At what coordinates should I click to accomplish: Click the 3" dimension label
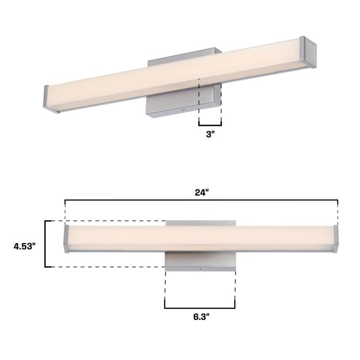click(210, 134)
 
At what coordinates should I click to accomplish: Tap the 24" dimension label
click(202, 193)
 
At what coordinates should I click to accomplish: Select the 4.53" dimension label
click(25, 246)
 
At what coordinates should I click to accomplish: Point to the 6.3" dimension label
click(202, 317)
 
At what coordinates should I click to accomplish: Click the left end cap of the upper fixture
click(46, 98)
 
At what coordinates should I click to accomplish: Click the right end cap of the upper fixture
click(308, 52)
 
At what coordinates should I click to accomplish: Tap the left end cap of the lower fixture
click(66, 239)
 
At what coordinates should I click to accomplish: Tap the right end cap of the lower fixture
click(335, 239)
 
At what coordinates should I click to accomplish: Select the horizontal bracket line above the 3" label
click(210, 125)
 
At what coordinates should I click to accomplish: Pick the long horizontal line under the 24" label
click(202, 200)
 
